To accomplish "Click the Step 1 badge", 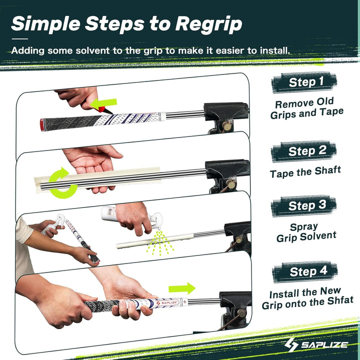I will (x=305, y=81).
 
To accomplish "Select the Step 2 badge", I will (x=305, y=150).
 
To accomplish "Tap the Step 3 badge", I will (x=305, y=205).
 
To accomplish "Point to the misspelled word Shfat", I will (x=338, y=300).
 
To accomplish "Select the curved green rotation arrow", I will (x=63, y=181).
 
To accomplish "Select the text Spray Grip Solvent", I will (x=306, y=231).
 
